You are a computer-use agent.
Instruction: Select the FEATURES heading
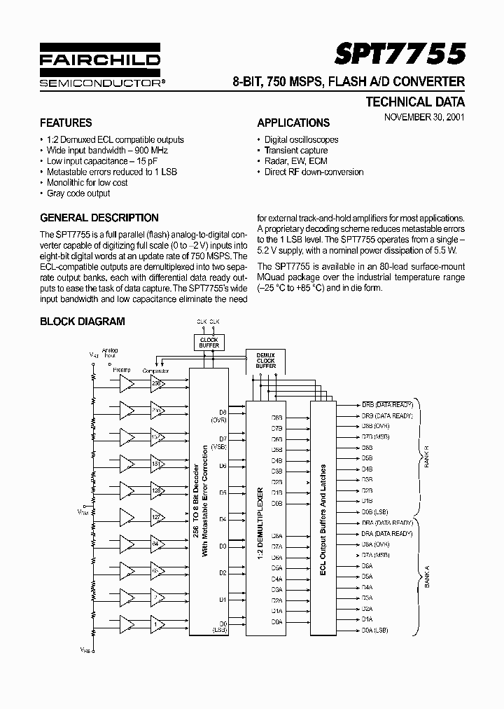point(66,123)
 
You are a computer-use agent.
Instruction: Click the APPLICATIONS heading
point(293,123)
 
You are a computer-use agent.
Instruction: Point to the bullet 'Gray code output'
point(78,193)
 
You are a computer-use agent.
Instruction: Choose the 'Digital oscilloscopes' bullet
point(301,139)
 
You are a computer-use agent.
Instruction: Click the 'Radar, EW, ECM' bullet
point(295,161)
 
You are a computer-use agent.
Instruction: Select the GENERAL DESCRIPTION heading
point(99,218)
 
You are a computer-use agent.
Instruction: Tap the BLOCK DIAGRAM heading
point(83,322)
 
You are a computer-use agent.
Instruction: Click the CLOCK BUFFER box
point(209,343)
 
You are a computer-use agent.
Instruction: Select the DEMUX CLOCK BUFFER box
point(265,361)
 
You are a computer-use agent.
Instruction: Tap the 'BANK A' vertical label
point(424,576)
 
